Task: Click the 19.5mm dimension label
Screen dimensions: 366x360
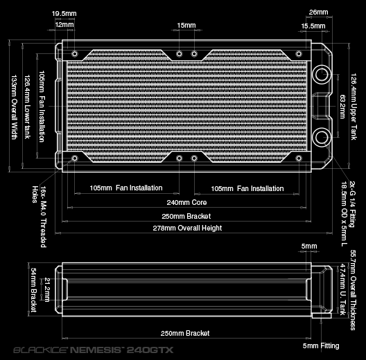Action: pos(64,14)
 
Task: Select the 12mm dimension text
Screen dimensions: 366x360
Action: pos(64,24)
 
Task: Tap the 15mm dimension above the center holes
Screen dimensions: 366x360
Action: pos(186,25)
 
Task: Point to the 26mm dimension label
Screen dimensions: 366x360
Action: pos(318,12)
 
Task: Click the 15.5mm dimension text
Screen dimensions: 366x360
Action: pos(313,26)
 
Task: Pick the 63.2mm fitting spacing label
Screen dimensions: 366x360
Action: pos(342,107)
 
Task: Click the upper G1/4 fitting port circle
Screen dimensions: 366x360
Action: pos(322,74)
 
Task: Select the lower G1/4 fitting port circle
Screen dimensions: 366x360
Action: pos(322,137)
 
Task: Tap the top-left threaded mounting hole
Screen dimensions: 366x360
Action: pos(75,54)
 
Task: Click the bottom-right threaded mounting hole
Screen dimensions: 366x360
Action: pos(299,159)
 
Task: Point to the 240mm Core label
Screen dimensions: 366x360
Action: pos(186,202)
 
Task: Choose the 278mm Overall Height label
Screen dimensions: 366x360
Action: pos(187,228)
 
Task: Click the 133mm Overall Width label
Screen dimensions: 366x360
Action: pos(15,107)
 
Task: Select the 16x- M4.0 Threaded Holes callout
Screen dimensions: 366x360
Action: pos(40,217)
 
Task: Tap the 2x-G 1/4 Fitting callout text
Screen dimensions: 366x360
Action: pos(352,204)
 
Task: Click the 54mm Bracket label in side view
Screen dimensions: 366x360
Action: pos(34,290)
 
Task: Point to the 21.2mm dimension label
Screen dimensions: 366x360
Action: pos(47,289)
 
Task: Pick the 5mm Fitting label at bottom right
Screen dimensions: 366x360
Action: pos(321,345)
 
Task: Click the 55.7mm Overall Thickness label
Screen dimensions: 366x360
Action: pos(353,290)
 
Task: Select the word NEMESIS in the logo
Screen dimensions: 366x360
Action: pos(96,350)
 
